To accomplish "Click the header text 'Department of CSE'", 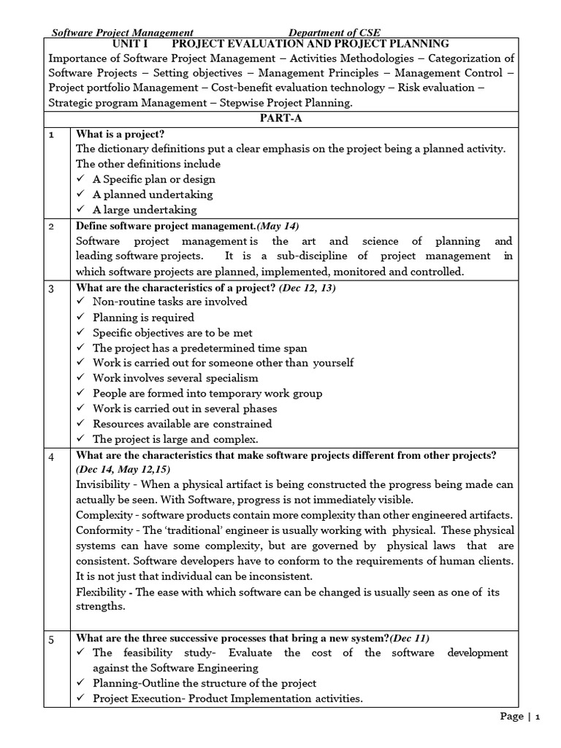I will point(335,33).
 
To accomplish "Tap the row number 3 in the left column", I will point(52,288).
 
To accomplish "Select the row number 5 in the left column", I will point(52,640).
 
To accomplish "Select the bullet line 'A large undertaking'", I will point(145,210).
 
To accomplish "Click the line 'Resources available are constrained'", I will point(182,424).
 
